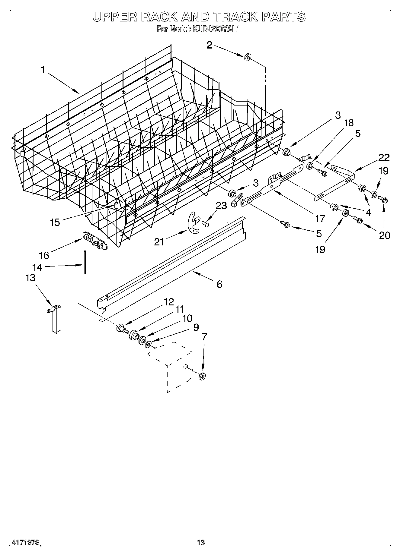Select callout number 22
[x=384, y=158]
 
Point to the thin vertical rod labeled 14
[x=85, y=262]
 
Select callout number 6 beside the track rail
[x=219, y=284]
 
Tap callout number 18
[x=349, y=123]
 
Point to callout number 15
[x=55, y=222]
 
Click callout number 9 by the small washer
[x=196, y=327]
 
